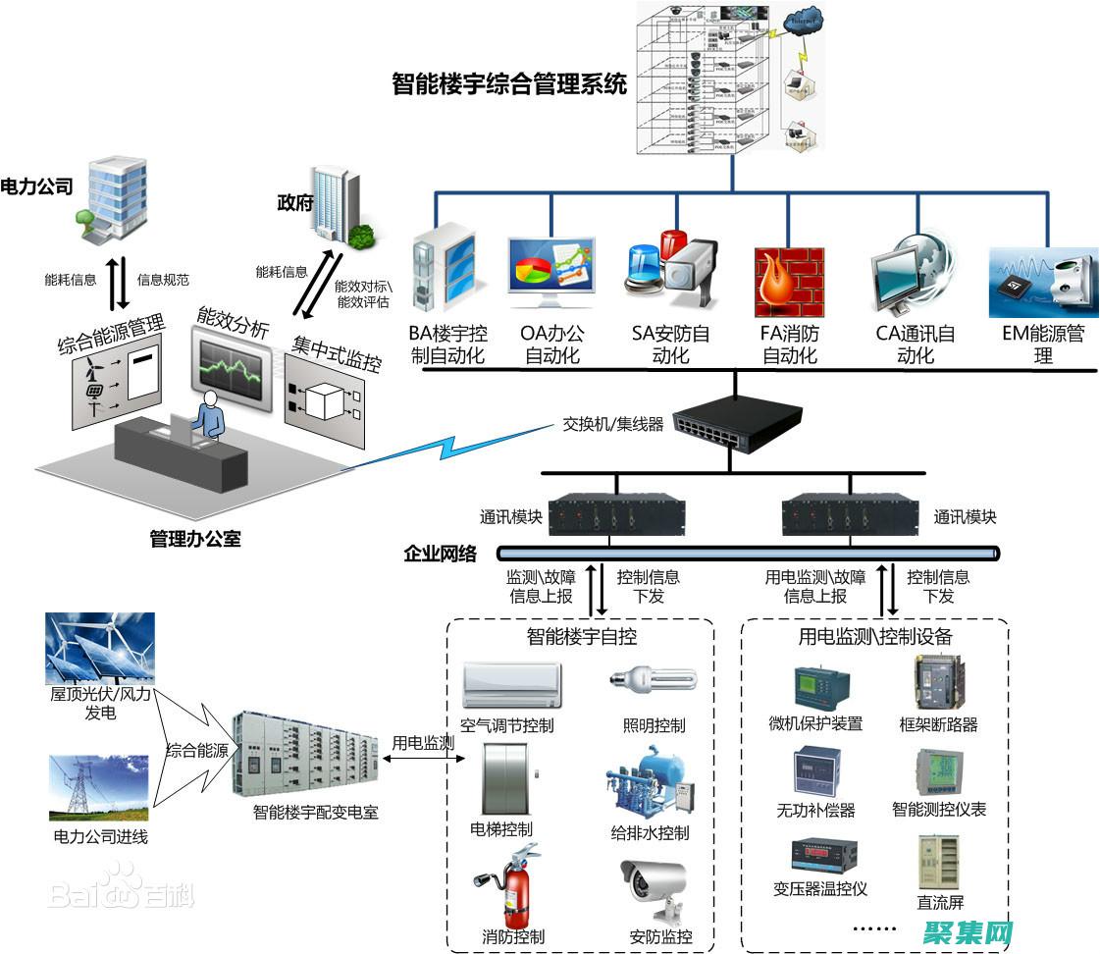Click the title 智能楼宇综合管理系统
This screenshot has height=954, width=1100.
coord(508,84)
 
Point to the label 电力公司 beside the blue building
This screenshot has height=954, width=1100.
coord(37,186)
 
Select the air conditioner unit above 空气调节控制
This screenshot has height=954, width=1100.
coord(512,684)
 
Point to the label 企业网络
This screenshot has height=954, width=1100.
coord(440,554)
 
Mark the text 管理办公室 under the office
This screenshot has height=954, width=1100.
coord(195,539)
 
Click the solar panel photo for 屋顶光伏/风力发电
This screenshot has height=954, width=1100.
coord(99,647)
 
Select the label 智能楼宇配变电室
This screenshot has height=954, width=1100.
coord(315,812)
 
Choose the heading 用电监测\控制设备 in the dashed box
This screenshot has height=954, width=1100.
coord(875,637)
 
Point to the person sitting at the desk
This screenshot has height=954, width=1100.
coord(209,413)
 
